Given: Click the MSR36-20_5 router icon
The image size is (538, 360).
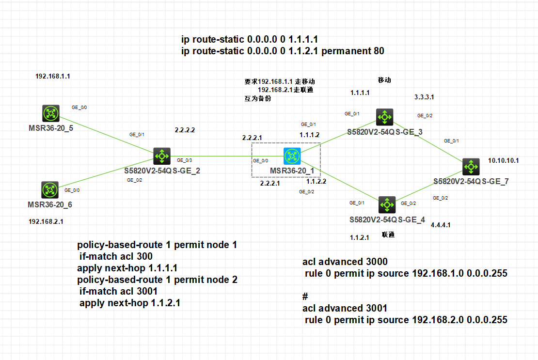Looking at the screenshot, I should pyautogui.click(x=50, y=114).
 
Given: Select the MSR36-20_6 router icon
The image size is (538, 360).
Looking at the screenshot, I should pyautogui.click(x=50, y=190).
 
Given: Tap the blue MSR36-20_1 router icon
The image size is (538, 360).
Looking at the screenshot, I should pyautogui.click(x=292, y=156).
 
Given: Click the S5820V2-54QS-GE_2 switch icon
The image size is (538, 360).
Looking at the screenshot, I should pyautogui.click(x=161, y=156).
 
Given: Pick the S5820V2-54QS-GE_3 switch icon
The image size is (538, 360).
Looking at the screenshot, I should pyautogui.click(x=385, y=117).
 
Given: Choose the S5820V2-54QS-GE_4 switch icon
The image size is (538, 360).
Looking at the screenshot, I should pyautogui.click(x=387, y=205).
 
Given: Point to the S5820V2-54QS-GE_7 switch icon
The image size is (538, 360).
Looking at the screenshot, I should pyautogui.click(x=471, y=167).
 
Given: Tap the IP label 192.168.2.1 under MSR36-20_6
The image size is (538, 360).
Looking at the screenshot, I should pyautogui.click(x=46, y=221).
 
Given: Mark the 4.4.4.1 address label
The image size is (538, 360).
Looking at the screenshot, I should pyautogui.click(x=441, y=225).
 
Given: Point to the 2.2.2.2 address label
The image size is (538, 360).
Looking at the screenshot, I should pyautogui.click(x=185, y=130).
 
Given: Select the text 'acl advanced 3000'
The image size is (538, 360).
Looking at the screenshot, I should pyautogui.click(x=345, y=262).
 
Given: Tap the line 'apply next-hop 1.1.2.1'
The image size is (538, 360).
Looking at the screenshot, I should pyautogui.click(x=132, y=303).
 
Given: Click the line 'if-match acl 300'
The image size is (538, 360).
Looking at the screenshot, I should pyautogui.click(x=116, y=256).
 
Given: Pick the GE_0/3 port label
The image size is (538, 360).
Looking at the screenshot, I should pyautogui.click(x=184, y=159).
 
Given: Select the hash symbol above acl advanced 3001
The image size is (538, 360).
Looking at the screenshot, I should pyautogui.click(x=305, y=296).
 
